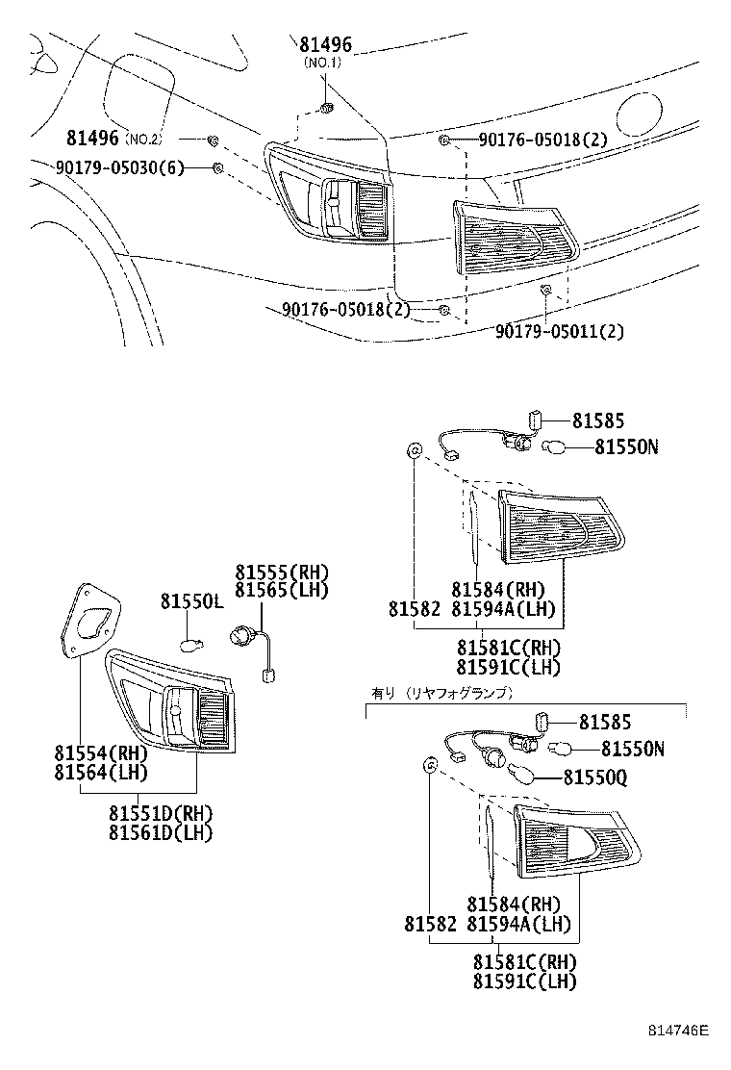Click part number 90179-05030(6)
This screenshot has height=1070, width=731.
click(x=117, y=167)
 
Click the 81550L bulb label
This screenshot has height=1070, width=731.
click(x=190, y=601)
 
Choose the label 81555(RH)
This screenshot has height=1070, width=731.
click(x=281, y=571)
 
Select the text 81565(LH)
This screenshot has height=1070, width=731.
click(x=281, y=589)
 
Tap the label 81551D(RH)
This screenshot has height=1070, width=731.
click(x=160, y=813)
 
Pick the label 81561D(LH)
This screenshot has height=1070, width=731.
click(x=160, y=831)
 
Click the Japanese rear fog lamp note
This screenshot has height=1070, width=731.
click(x=441, y=692)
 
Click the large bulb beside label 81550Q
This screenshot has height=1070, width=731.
click(x=527, y=776)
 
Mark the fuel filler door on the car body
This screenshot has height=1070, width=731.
click(x=138, y=84)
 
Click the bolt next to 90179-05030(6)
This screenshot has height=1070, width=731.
click(x=218, y=168)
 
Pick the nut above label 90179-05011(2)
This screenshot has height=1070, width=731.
click(x=545, y=290)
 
